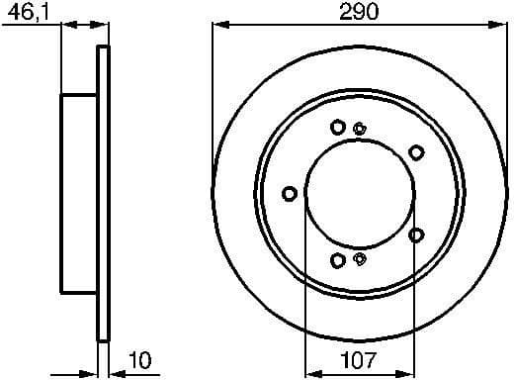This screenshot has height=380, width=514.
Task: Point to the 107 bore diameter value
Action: tap(356, 363)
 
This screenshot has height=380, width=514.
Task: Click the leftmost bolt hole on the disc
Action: tap(289, 193)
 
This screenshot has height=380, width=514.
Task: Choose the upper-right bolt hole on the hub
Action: tap(416, 151)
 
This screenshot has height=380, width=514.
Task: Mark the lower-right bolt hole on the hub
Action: tap(416, 235)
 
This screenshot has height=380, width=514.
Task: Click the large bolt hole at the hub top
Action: tap(338, 127)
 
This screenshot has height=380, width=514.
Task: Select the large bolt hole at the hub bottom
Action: tap(338, 260)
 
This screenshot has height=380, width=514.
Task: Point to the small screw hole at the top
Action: tap(360, 127)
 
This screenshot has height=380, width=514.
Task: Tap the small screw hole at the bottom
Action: tap(360, 259)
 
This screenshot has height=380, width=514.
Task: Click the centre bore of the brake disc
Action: tap(358, 193)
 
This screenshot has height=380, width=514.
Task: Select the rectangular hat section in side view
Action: tap(80, 193)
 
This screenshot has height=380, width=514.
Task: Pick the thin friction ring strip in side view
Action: tap(102, 193)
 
